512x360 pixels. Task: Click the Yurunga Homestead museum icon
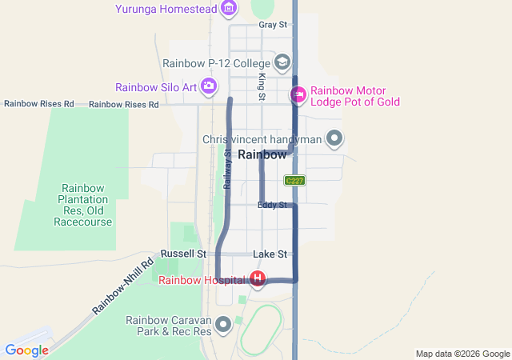pos(229,9)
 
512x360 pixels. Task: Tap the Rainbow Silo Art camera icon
pos(209,86)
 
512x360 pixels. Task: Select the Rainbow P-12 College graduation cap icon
pos(282,62)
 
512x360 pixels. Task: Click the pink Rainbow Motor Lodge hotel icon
pos(298,95)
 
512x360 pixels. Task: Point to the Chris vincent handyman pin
pos(335,139)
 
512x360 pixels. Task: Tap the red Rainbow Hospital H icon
pos(258,279)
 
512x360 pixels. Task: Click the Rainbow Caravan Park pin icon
pos(223,325)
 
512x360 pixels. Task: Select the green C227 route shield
pos(294,181)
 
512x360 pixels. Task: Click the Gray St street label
pos(273,25)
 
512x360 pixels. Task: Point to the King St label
pos(262,86)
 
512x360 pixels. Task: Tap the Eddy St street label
pos(272,206)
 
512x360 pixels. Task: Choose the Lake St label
pos(270,254)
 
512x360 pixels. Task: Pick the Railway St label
pos(227,169)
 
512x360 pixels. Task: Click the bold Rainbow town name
pos(262,155)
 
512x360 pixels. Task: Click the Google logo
pos(27,350)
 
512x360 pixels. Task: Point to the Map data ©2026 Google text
pos(462,354)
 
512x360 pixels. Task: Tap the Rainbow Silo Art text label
pos(156,87)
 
